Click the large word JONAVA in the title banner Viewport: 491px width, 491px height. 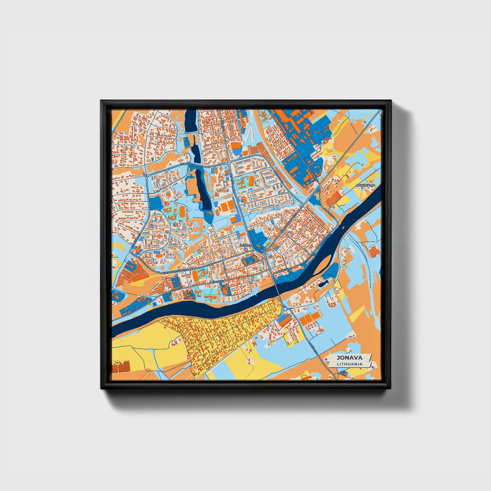point(349,357)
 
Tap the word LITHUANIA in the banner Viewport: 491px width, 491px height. point(349,364)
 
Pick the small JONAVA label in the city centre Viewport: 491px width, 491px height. point(245,245)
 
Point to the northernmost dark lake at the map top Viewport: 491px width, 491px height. point(191,121)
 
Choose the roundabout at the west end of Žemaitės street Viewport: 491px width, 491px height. point(146,176)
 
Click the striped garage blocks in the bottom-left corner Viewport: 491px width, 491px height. point(122,367)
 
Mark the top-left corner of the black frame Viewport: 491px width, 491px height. point(101,101)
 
